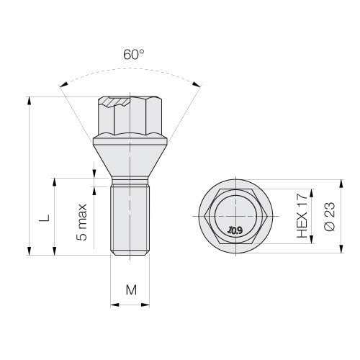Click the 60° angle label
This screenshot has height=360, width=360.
(134, 55)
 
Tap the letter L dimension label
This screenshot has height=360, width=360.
(45, 217)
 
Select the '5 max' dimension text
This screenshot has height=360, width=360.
(82, 222)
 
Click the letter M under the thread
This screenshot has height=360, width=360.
(131, 289)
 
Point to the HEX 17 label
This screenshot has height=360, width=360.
(302, 216)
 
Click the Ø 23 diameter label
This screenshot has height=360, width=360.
(329, 217)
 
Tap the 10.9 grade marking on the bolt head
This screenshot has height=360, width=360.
(235, 230)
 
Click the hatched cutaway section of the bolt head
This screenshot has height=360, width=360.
(116, 102)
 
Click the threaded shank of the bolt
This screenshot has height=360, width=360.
(130, 218)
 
